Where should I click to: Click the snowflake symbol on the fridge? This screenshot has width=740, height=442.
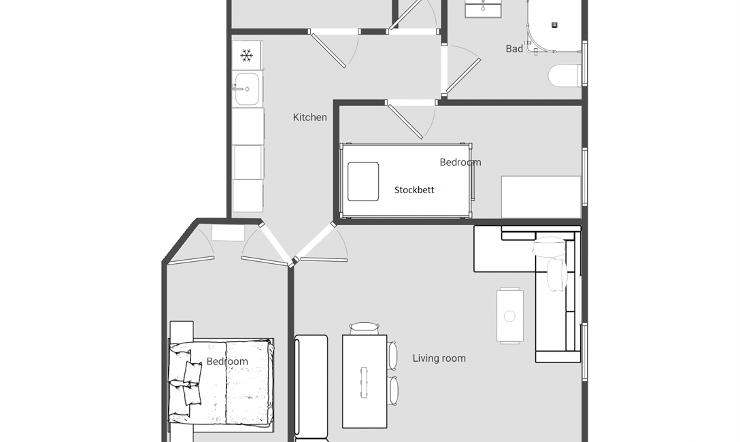click(x=246, y=56)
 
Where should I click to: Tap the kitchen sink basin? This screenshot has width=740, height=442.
click(x=247, y=88)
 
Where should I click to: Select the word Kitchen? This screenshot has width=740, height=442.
click(x=309, y=118)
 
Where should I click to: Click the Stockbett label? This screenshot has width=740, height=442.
click(x=414, y=190)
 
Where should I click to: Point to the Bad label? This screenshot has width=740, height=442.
click(x=514, y=48)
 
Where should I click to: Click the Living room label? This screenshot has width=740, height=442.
click(x=439, y=358)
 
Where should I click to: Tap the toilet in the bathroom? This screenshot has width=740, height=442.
click(x=565, y=75)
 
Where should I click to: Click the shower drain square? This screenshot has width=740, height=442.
click(x=554, y=25)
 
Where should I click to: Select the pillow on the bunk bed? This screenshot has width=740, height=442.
click(x=363, y=182)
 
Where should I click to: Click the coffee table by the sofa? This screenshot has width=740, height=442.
click(x=509, y=316)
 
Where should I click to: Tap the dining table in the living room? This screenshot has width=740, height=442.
click(x=365, y=381)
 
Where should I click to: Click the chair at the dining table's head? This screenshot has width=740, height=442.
click(x=365, y=328)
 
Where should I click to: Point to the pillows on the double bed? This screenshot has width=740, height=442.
click(x=186, y=381)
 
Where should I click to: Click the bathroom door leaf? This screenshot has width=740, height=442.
click(x=463, y=75)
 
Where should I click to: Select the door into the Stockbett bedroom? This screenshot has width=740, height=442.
click(x=405, y=122)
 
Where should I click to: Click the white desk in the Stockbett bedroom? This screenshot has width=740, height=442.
click(x=541, y=197)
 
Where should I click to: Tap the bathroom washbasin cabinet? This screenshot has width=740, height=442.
click(x=483, y=9)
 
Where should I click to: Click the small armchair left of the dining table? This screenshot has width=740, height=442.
click(x=311, y=387)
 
